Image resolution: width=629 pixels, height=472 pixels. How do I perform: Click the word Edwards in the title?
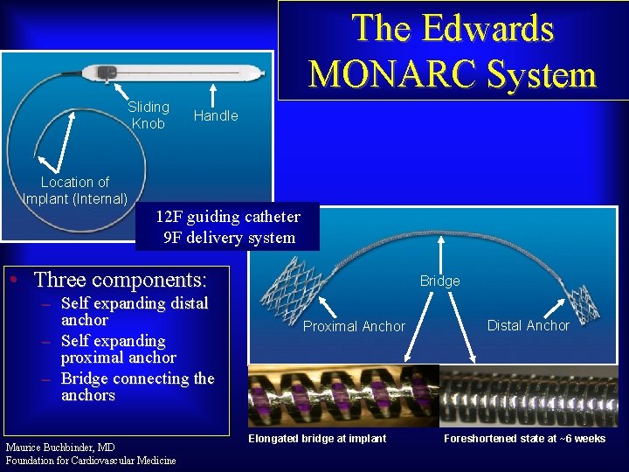click(x=489, y=28)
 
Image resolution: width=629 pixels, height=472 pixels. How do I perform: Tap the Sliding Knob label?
click(x=149, y=115)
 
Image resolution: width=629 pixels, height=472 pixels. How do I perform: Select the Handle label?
click(x=216, y=115)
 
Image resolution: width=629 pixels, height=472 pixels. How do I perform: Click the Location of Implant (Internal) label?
click(x=75, y=190)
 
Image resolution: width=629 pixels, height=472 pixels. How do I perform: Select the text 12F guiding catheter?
click(x=227, y=217)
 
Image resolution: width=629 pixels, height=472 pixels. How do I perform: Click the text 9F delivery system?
click(x=229, y=237)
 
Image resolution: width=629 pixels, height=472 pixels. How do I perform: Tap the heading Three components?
click(x=120, y=280)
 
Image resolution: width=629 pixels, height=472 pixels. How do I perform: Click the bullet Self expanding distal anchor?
click(x=134, y=311)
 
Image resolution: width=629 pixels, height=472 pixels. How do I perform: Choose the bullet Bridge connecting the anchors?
click(x=137, y=386)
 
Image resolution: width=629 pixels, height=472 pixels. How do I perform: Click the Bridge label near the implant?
click(x=439, y=281)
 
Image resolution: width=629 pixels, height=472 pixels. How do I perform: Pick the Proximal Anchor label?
click(x=354, y=326)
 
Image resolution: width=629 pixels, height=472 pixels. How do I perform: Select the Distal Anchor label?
click(x=528, y=325)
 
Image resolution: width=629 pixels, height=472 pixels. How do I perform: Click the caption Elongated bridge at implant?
click(x=317, y=438)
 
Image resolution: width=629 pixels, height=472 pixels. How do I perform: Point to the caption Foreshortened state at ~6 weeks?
click(x=524, y=438)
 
